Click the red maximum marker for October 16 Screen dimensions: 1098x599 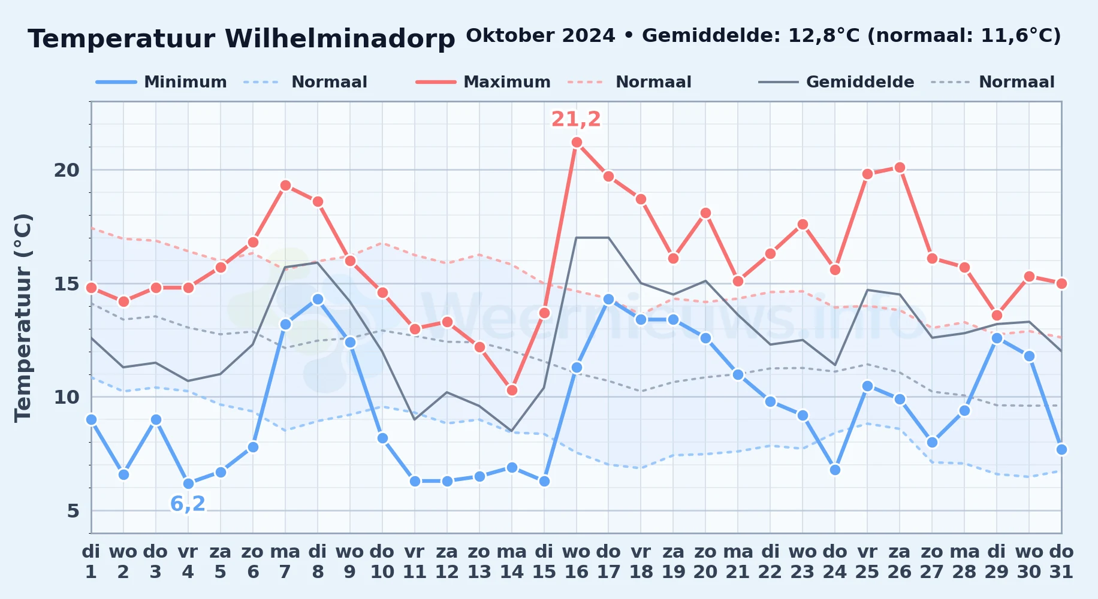click(x=577, y=143)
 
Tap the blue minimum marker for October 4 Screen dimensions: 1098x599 click(x=188, y=483)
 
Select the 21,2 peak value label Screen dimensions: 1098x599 click(x=576, y=119)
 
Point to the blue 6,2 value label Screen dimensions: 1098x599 click(x=188, y=504)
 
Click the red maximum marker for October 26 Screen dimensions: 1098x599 click(x=900, y=168)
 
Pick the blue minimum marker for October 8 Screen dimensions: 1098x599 click(x=318, y=299)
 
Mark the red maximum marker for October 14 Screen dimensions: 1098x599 click(x=512, y=390)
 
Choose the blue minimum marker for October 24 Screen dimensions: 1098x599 click(x=835, y=470)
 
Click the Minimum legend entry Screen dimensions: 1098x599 click(x=162, y=82)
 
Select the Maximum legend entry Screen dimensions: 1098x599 click(x=484, y=82)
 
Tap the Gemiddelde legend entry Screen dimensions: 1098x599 click(x=837, y=82)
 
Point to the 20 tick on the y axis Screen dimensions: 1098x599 click(x=67, y=170)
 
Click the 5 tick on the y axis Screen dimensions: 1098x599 click(x=73, y=511)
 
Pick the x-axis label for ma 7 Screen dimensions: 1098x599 click(x=285, y=562)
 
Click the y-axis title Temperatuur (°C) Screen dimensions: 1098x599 click(x=23, y=317)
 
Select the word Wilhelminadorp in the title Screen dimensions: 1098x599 click(x=340, y=39)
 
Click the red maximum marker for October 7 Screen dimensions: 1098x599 click(x=285, y=186)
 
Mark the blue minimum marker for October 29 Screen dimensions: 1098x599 click(x=997, y=338)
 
